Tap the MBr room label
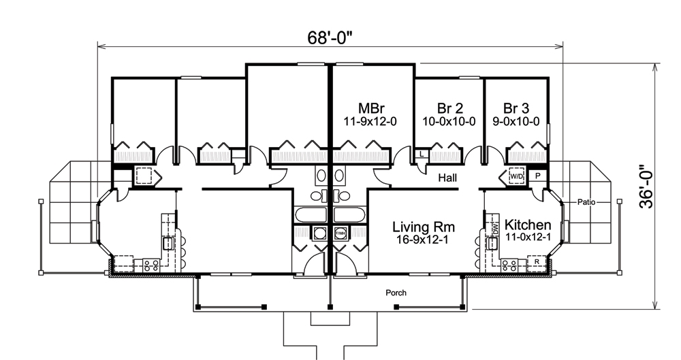373,108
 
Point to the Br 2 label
449,108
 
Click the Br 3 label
517,108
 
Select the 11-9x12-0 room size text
373,122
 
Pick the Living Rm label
424,227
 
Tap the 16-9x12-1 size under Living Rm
424,240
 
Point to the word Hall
447,178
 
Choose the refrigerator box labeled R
537,261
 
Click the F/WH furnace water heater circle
340,233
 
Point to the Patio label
587,202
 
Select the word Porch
396,293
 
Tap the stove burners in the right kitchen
509,265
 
